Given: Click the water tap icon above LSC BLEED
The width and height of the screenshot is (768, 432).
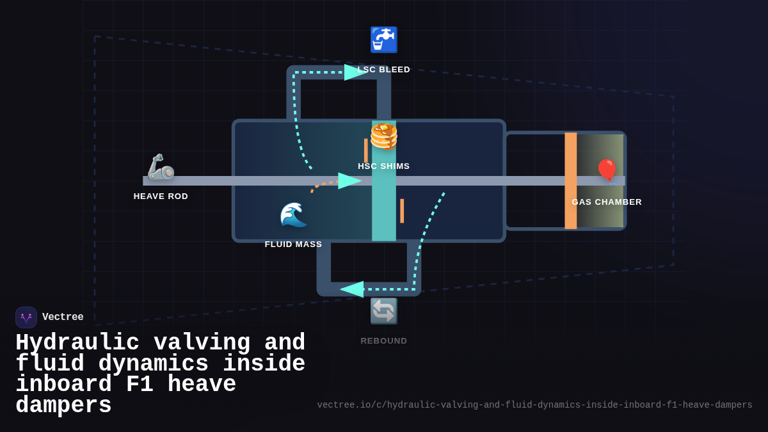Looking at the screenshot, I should click(383, 40).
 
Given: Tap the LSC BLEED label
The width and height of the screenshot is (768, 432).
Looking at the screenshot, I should click(384, 70).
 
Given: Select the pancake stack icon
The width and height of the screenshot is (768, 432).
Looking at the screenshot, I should click(383, 136).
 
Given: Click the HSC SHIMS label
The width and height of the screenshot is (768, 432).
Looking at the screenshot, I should click(383, 166).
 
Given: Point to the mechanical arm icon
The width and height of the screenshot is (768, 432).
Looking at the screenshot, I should click(161, 167).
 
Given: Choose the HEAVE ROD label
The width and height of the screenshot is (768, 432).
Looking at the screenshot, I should click(161, 196).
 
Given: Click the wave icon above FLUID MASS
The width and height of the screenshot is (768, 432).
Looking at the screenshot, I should click(293, 215).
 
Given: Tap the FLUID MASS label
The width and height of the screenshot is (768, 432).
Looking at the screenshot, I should click(293, 244).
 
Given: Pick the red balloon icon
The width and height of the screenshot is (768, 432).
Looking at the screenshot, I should click(607, 170).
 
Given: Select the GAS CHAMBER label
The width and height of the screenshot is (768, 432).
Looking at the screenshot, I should click(607, 202).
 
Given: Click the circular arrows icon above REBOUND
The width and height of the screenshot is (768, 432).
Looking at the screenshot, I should click(383, 311).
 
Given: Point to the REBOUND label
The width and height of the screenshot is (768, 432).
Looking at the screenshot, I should click(383, 341).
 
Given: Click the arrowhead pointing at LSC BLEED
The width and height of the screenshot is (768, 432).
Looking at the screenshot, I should click(355, 72).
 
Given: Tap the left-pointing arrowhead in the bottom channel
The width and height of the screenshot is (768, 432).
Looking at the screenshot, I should click(352, 289).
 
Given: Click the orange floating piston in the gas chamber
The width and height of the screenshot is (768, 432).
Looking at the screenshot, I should click(570, 180).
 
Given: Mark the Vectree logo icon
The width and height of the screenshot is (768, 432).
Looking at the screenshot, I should click(26, 317).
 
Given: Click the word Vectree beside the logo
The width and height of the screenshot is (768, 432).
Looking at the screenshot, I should click(63, 317).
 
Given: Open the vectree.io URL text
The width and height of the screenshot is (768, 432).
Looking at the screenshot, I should click(534, 405).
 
